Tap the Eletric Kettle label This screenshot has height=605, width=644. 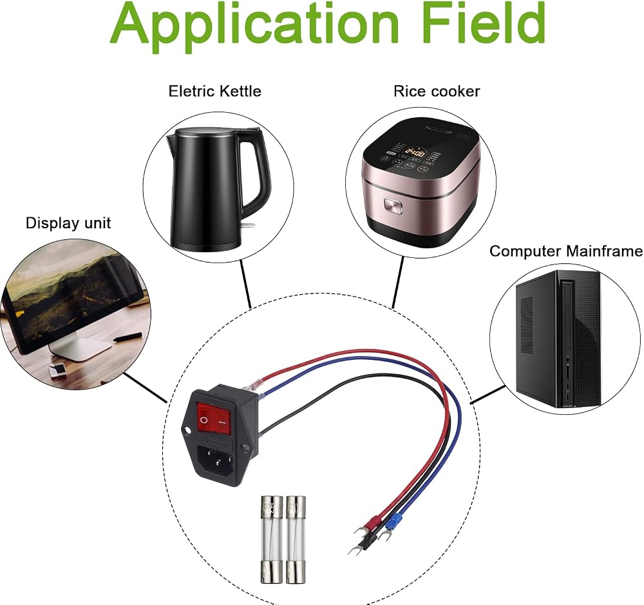point(215,91)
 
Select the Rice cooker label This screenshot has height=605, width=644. point(437,91)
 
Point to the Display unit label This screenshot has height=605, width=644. point(68,223)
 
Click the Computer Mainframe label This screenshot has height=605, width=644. point(566,251)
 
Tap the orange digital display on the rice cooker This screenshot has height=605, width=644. point(415,153)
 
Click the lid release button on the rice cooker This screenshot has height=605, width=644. point(393,206)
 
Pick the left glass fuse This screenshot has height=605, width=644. point(272,539)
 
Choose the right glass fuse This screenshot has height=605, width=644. point(296,539)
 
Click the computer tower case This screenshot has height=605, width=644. point(558,339)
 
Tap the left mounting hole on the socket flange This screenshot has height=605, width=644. point(187,431)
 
